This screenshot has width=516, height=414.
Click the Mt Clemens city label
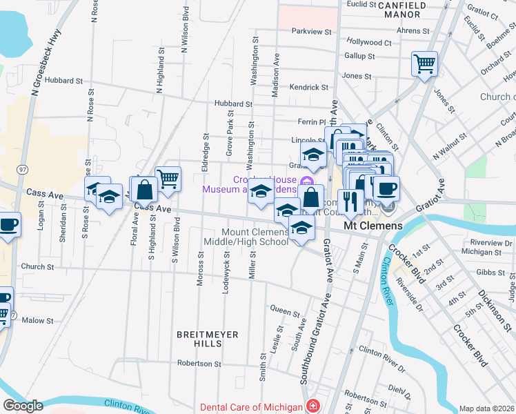click(373, 226)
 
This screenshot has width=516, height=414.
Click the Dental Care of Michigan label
click(252, 406)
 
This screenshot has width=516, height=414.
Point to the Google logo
click(23, 406)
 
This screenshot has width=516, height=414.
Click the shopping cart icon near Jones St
click(424, 64)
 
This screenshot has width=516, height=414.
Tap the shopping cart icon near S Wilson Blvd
click(168, 179)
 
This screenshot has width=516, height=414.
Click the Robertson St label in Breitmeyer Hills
click(199, 364)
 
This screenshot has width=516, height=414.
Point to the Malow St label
click(37, 321)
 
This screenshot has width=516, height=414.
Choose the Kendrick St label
click(309, 88)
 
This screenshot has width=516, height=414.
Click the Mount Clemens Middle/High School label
click(246, 237)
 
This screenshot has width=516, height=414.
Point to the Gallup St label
click(359, 56)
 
